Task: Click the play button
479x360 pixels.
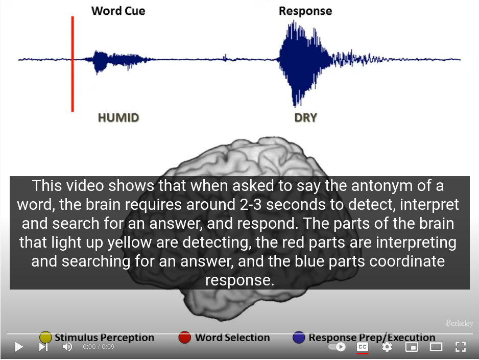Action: coord(19,347)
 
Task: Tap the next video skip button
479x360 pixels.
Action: coord(43,347)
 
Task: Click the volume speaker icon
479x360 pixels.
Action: coord(67,347)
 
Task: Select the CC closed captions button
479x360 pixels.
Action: coord(363,347)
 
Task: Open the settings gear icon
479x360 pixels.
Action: coord(387,347)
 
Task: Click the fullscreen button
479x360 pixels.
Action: coord(461,347)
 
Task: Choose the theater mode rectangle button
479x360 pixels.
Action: coord(436,347)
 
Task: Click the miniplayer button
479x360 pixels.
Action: coord(412,347)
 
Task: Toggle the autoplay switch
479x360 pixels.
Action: coord(337,347)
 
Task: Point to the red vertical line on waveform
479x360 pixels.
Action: coord(73,64)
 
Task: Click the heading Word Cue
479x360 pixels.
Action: coord(118,11)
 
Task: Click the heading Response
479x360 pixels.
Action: coord(305,11)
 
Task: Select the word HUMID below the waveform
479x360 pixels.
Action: coord(118,118)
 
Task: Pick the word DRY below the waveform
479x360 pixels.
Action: coord(305,118)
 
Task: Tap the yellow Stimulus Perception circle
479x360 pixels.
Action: coord(45,338)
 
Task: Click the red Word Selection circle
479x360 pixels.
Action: coord(184,338)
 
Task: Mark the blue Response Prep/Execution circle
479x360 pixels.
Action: coord(299,338)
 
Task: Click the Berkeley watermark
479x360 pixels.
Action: coord(459,323)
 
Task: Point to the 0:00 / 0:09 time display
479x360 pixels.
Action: coord(99,347)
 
